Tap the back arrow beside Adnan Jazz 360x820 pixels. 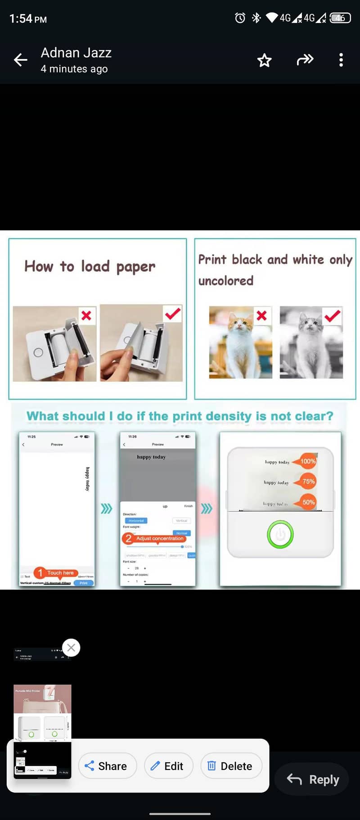pyautogui.click(x=20, y=60)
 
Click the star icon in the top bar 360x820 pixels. pyautogui.click(x=264, y=60)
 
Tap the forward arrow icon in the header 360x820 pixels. pyautogui.click(x=305, y=60)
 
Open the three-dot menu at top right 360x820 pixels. pyautogui.click(x=341, y=60)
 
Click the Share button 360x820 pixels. pyautogui.click(x=107, y=766)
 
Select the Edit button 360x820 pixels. pyautogui.click(x=168, y=766)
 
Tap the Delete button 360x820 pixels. pyautogui.click(x=230, y=766)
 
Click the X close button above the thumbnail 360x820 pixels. pyautogui.click(x=71, y=648)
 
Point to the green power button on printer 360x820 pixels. pyautogui.click(x=280, y=534)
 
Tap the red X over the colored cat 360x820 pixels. pyautogui.click(x=261, y=315)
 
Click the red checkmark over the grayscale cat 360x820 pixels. pyautogui.click(x=332, y=315)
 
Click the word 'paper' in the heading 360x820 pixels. pyautogui.click(x=135, y=267)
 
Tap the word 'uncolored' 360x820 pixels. pyautogui.click(x=226, y=281)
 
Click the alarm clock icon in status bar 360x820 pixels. pyautogui.click(x=240, y=18)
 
